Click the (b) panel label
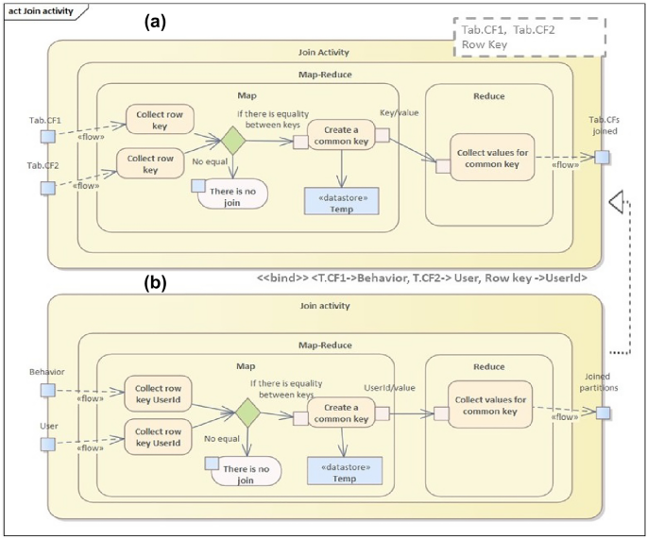155,280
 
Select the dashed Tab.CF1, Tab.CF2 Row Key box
523,37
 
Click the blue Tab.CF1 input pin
45,138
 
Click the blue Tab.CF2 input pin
45,187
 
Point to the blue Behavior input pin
45,394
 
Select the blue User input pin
45,444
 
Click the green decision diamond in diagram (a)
231,140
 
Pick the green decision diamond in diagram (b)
247,412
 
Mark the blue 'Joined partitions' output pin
602,412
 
